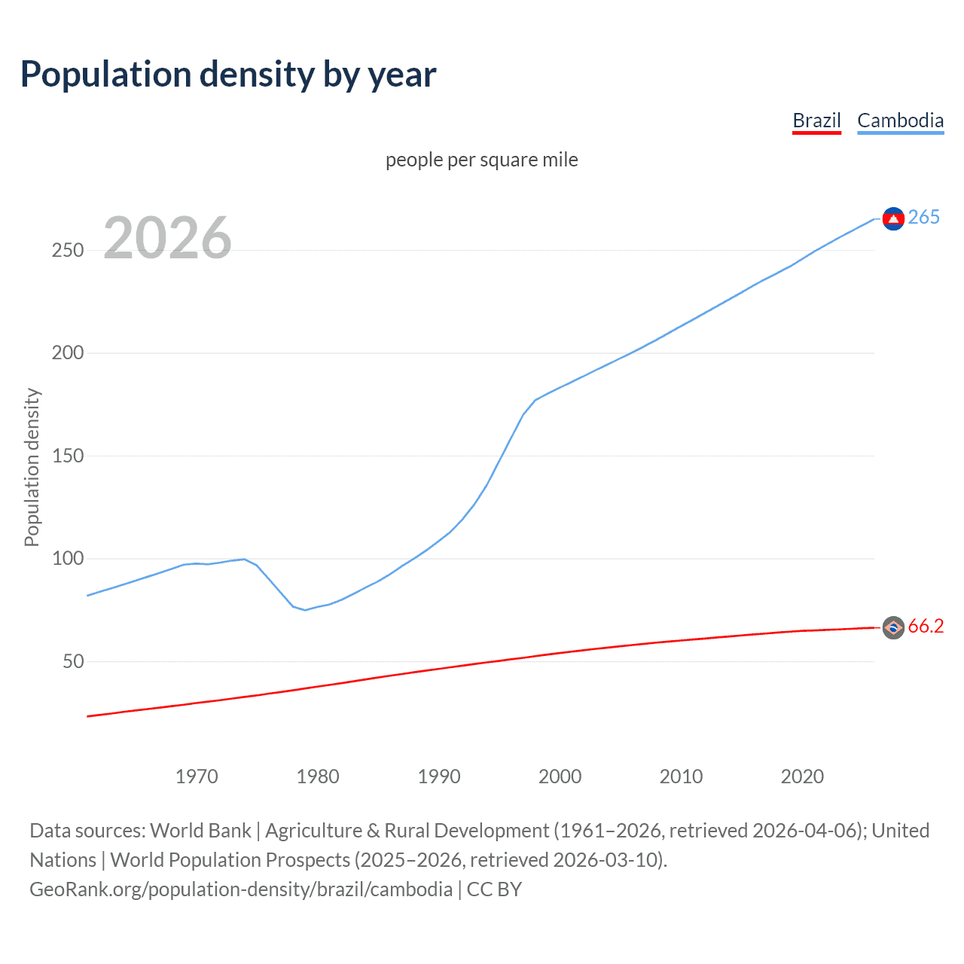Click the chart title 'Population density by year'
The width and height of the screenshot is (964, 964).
pos(228,75)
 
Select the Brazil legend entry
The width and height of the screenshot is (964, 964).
pos(816,120)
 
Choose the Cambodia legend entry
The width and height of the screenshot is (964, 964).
pos(900,120)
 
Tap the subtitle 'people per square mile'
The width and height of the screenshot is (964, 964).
pos(481,160)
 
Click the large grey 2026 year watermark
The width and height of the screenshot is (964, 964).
pos(167,238)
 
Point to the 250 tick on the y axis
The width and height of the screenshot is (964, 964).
pos(68,250)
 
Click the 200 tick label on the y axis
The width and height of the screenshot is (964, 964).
pos(68,352)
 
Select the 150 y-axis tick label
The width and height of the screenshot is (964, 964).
pos(68,456)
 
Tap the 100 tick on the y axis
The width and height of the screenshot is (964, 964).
pos(68,558)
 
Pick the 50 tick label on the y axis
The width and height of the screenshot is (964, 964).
pos(73,661)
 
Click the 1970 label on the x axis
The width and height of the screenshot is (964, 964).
pos(197,776)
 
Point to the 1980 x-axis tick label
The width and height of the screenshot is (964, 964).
pos(318,776)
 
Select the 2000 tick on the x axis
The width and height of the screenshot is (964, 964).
pos(560,776)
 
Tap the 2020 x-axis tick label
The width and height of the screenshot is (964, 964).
pos(802,776)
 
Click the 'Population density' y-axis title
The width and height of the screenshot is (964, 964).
pos(32,467)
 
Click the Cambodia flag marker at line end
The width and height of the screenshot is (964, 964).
pos(893,218)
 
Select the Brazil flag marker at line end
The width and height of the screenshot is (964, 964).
pos(893,627)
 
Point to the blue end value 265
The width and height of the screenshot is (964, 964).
pos(924,217)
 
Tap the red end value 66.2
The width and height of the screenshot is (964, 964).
pos(926,626)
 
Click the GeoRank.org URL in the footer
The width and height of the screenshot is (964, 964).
pos(241,889)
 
